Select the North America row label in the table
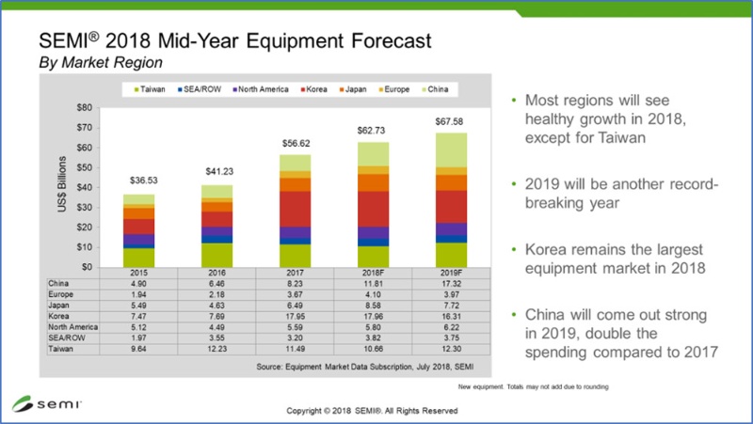(x=70, y=328)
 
